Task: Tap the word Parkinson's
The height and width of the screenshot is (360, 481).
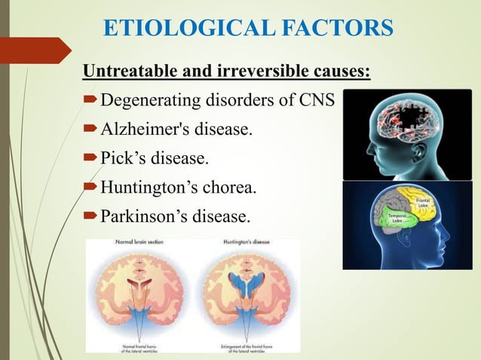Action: pyautogui.click(x=147, y=217)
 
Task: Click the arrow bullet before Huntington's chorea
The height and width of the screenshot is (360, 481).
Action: pyautogui.click(x=91, y=188)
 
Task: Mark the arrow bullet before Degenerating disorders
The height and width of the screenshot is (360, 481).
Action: pyautogui.click(x=91, y=100)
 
